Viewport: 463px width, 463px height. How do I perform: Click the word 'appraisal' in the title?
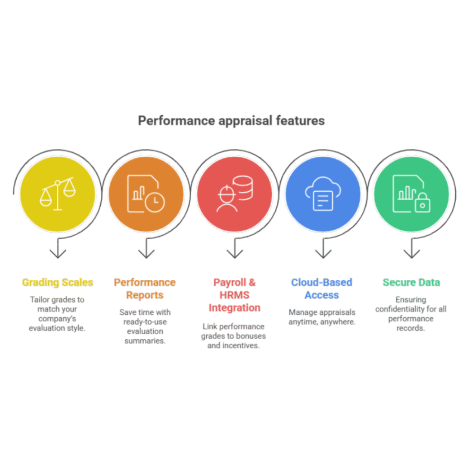(246, 121)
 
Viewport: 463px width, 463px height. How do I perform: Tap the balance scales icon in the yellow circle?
(57, 195)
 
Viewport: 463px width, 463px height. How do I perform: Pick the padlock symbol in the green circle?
(422, 203)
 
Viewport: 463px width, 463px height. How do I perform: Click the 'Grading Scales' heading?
(57, 283)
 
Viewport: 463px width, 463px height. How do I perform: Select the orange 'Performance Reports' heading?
(145, 288)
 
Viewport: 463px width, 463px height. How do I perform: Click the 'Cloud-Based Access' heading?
(321, 288)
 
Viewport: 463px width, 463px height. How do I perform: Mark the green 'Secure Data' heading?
(411, 283)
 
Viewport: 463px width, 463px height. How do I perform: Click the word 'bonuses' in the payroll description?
(252, 336)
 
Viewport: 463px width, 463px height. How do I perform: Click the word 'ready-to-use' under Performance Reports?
(145, 321)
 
